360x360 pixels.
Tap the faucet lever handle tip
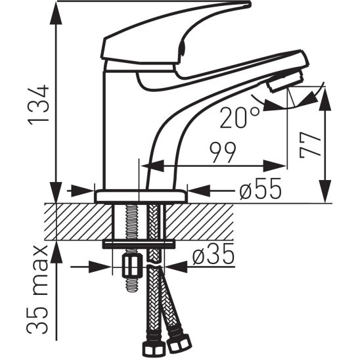pos(243,5)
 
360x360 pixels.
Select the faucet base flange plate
pos(141,196)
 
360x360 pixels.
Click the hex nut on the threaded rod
pos(133,267)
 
